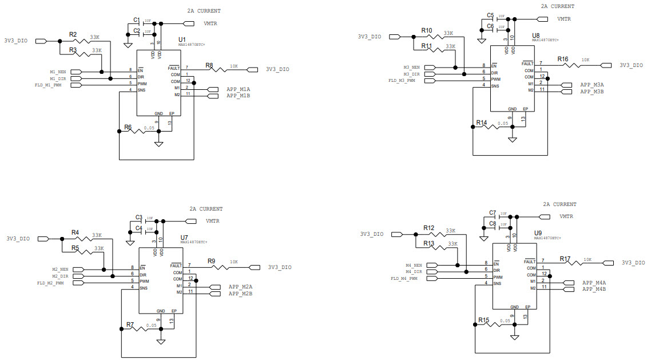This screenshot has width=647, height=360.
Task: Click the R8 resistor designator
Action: click(209, 65)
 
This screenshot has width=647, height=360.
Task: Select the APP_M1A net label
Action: click(239, 89)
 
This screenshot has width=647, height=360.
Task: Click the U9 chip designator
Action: click(538, 233)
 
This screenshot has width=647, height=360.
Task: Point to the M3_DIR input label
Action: click(411, 74)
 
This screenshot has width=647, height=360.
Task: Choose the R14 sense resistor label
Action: click(481, 122)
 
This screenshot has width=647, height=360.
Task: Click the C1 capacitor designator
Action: click(137, 20)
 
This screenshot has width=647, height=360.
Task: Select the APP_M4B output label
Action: click(594, 290)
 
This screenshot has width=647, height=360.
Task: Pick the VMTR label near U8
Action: click(565, 18)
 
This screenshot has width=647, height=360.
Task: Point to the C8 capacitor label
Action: click(493, 223)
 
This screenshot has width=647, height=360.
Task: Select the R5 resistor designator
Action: click(75, 248)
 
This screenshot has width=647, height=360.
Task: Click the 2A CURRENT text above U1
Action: click(204, 11)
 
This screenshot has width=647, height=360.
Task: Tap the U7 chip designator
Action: click(184, 236)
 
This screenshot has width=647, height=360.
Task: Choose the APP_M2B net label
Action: click(240, 294)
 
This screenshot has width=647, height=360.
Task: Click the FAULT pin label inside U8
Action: click(527, 64)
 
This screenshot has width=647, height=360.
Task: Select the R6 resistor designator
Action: click(128, 127)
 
